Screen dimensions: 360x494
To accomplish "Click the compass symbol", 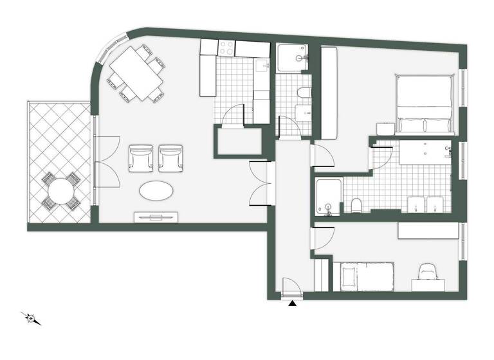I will click(x=32, y=318).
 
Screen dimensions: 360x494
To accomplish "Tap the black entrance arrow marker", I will click(x=293, y=303).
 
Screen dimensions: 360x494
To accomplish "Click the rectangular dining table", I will click(x=136, y=72).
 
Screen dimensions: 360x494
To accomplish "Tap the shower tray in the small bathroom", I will click(x=293, y=59).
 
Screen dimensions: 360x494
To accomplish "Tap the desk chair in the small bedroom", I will click(x=426, y=272).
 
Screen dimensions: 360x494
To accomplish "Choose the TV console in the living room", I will click(x=154, y=217).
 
